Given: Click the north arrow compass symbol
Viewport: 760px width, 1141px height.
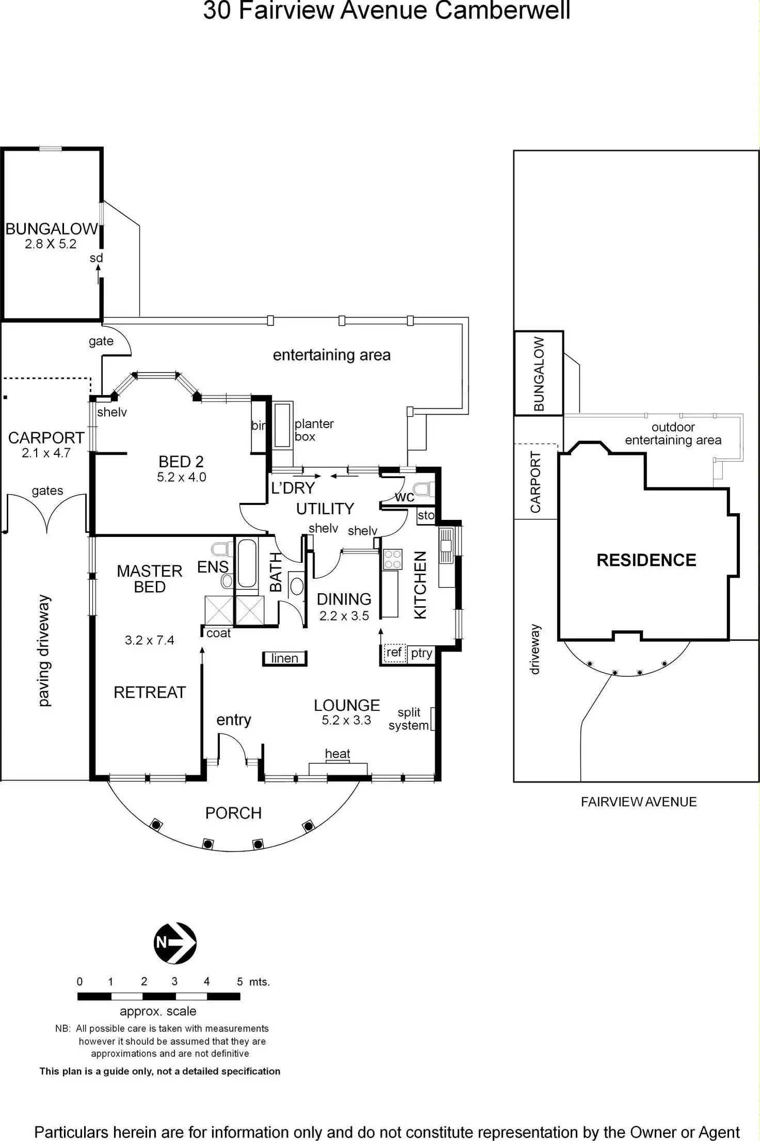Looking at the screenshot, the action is tap(175, 943).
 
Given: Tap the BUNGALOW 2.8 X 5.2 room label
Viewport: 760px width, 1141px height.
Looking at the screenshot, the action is tap(51, 236).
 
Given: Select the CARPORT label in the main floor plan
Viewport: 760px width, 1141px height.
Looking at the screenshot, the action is tap(46, 438).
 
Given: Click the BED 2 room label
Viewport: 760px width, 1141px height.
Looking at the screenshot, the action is tap(181, 461).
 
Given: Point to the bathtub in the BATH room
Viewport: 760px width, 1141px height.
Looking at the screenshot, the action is tap(247, 564).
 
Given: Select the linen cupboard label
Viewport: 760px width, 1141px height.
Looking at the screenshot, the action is tap(284, 658).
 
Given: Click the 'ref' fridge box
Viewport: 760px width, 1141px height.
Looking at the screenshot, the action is tap(394, 653).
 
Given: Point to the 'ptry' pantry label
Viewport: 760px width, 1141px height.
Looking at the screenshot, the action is tap(421, 653).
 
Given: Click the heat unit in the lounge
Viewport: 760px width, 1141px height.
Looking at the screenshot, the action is tap(338, 769).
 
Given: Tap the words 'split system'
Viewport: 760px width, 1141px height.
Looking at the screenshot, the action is tap(409, 719).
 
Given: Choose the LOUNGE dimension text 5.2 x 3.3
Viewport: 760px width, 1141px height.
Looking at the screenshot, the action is tap(346, 720).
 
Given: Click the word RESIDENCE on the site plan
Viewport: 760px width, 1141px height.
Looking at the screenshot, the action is tap(646, 560).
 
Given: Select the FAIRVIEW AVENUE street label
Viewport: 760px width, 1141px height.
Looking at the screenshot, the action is tap(639, 802).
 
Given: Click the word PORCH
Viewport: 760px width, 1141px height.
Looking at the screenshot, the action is tap(233, 813).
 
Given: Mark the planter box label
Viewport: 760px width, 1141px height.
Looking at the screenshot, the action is tap(314, 430).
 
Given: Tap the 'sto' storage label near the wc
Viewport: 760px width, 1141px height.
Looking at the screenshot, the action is tap(426, 515).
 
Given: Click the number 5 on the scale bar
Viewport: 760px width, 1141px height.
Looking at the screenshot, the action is tap(240, 981).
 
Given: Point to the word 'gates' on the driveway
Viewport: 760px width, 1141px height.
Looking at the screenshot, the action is tap(47, 491).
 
